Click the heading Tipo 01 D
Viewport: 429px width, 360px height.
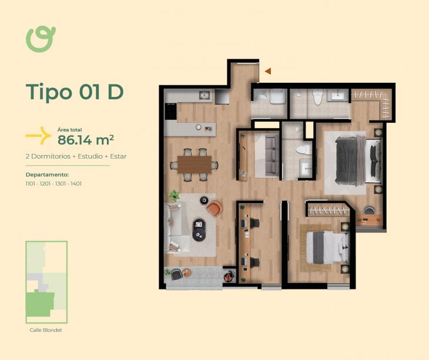75,92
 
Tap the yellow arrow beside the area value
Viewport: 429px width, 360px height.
38,136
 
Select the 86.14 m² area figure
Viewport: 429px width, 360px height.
86,140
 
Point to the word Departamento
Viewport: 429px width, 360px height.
47,174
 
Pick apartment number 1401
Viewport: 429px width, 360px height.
76,184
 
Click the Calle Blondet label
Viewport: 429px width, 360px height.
46,330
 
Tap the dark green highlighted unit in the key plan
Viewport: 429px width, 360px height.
40,304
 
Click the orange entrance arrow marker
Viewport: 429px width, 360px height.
268,71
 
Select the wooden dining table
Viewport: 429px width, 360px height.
195,164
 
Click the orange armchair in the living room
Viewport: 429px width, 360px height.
214,208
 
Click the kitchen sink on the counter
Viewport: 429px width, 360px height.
204,95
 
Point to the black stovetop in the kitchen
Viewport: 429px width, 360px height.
171,111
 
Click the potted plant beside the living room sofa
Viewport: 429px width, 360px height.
174,196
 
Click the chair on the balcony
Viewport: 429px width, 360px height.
176,274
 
